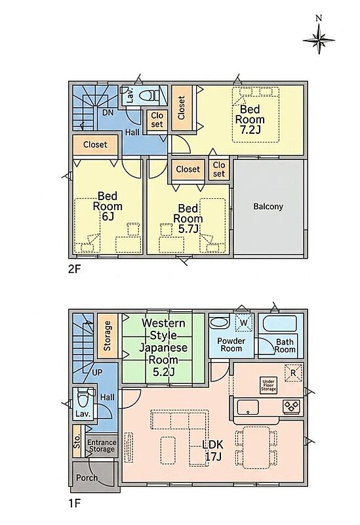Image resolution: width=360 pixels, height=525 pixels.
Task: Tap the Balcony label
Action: tap(268, 207)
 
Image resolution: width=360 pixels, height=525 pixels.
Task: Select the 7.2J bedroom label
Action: tap(250, 119)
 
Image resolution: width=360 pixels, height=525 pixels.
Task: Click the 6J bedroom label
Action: tap(108, 206)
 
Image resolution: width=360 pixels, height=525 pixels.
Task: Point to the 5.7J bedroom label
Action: tap(188, 219)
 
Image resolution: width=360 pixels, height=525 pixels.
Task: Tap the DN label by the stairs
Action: tap(108, 113)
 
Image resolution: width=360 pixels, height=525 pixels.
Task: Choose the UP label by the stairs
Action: tap(96, 372)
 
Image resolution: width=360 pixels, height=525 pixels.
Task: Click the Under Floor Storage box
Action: tap(269, 385)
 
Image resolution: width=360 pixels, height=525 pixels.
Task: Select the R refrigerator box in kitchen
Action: tap(293, 373)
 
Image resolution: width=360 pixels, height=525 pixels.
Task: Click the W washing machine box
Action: tap(244, 323)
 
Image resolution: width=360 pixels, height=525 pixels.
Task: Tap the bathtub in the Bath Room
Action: tap(280, 324)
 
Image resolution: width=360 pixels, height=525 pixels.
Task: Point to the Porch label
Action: tap(87, 478)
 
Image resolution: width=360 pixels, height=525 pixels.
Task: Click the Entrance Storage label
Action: tap(102, 446)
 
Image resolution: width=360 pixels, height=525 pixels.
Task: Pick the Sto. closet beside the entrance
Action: tap(77, 441)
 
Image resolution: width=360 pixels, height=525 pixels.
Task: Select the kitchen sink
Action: tap(248, 407)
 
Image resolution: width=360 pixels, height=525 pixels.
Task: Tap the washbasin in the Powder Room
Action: tap(218, 323)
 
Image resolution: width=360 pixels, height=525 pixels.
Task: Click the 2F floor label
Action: tap(75, 269)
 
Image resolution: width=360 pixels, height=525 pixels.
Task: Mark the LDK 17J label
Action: tap(212, 450)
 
